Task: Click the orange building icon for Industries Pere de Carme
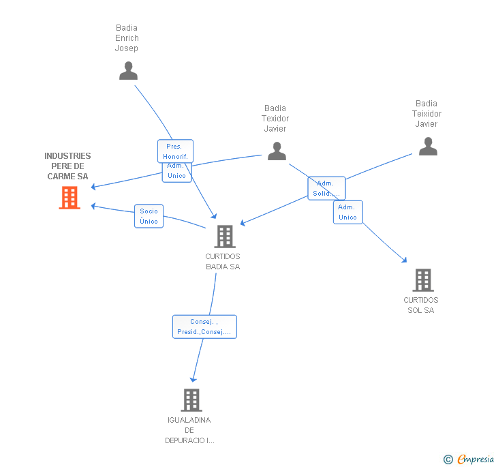coord(69,198)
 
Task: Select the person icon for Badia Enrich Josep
coord(128,71)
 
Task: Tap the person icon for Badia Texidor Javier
coord(277,151)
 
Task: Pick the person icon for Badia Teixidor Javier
coord(427,147)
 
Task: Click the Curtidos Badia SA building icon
coord(224,237)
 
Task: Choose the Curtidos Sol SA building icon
coord(422,280)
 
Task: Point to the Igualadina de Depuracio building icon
coord(191,400)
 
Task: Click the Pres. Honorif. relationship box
coord(175,151)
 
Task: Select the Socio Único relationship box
coord(149,216)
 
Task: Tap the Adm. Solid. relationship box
coord(326,188)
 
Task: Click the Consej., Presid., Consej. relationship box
coord(204,327)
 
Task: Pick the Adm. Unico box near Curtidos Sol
coord(347,212)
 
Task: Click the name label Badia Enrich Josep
coord(127,38)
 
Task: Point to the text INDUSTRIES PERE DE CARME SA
coord(67,166)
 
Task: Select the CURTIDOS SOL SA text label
coord(421,305)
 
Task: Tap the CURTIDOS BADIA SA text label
coord(223,262)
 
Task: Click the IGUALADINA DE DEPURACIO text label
coord(189,430)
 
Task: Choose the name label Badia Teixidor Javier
coord(427,114)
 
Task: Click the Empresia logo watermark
coord(469,460)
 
